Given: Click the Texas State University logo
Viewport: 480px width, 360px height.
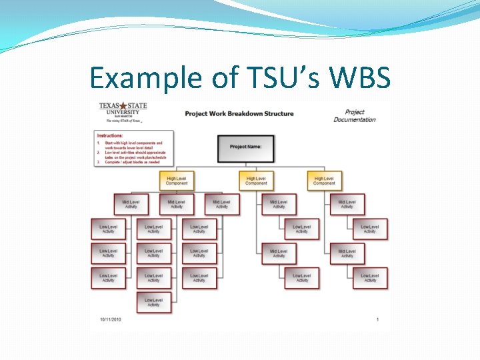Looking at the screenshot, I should tap(123, 112).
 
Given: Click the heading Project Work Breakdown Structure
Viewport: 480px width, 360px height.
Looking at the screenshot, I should tap(239, 113).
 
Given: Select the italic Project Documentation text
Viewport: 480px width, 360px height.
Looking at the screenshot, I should tap(355, 116).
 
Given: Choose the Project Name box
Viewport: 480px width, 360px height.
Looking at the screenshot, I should tap(245, 148).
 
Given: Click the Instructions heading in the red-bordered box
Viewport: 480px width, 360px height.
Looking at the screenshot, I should tap(110, 135).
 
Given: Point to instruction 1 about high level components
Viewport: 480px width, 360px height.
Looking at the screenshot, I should tap(133, 145).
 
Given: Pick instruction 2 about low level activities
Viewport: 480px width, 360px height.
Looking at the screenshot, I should tap(133, 155).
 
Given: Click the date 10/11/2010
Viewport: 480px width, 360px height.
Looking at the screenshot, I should tap(110, 319).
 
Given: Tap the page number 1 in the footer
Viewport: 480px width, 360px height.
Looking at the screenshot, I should tap(377, 319).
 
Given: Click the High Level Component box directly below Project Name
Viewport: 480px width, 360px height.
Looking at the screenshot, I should tap(256, 181).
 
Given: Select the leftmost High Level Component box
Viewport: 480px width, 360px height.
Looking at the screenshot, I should tap(177, 181).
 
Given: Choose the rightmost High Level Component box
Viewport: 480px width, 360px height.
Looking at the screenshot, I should tap(325, 181).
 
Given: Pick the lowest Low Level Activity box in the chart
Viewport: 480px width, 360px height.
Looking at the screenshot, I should tap(154, 303).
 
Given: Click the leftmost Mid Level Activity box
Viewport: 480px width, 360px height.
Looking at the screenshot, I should tap(131, 204).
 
